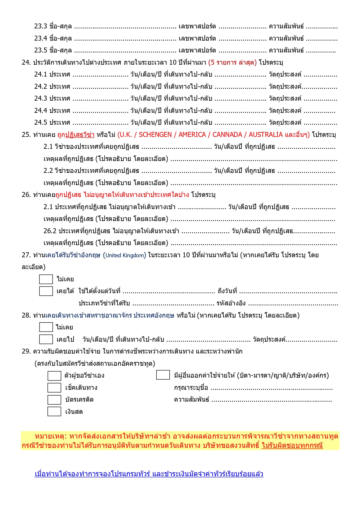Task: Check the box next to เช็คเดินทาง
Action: click(x=54, y=387)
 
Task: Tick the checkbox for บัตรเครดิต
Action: click(x=54, y=400)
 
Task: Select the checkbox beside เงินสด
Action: click(x=54, y=412)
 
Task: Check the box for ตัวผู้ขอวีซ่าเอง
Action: click(x=54, y=376)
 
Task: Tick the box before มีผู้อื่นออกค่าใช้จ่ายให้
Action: click(x=163, y=375)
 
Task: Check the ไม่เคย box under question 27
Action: click(x=46, y=279)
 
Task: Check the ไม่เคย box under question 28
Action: click(x=46, y=327)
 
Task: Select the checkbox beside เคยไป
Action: click(x=46, y=339)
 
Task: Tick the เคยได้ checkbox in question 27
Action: click(x=46, y=291)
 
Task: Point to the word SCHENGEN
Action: click(x=155, y=135)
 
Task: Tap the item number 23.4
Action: click(x=41, y=38)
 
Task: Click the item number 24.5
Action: click(x=41, y=122)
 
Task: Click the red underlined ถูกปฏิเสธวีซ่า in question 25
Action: click(x=76, y=135)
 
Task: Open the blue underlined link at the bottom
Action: click(x=149, y=474)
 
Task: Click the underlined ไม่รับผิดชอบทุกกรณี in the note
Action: click(x=292, y=445)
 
